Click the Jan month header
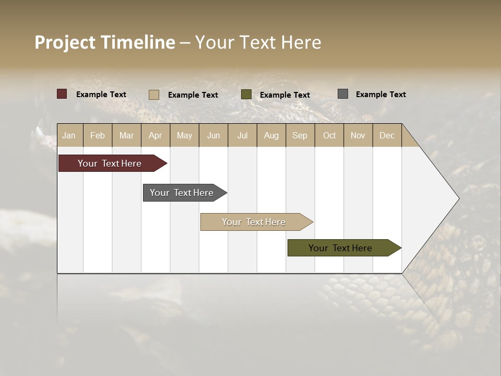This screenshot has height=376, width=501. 69,135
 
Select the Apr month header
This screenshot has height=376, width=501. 156,135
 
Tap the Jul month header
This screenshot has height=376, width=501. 242,135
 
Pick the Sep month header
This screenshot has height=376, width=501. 300,135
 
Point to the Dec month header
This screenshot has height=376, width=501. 387,135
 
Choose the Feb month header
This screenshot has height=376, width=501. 98,135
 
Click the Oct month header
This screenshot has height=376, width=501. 329,135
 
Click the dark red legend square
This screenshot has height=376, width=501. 62,94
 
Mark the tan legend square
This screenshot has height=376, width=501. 154,95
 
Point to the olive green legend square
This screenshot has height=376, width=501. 246,95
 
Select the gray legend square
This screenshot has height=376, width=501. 343,94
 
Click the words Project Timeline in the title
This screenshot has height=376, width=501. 104,42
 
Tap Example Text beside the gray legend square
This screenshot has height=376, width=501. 380,95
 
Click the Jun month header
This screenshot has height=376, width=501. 213,135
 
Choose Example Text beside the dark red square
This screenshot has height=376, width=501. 101,95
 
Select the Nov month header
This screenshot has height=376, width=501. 358,135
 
